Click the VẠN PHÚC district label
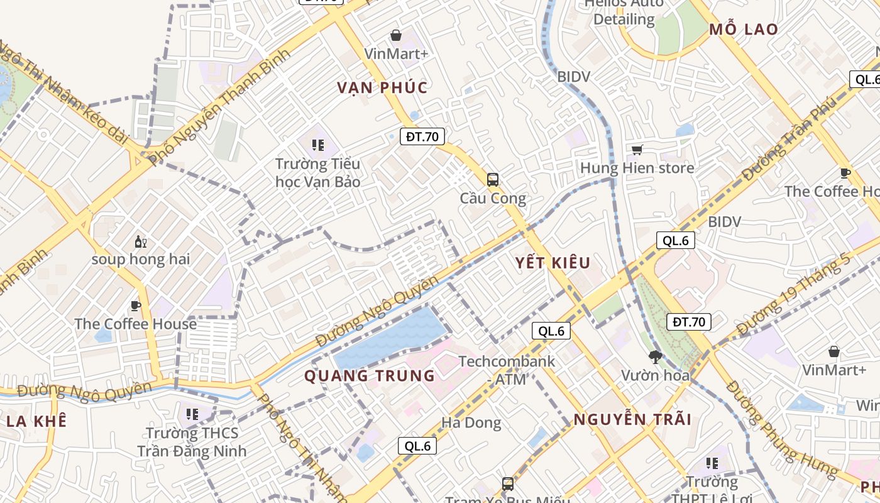click(x=382, y=88)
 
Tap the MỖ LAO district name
click(x=744, y=30)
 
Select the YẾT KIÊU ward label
click(x=553, y=263)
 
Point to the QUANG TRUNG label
click(x=370, y=376)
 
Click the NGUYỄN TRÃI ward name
click(x=632, y=419)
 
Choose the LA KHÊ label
click(x=36, y=421)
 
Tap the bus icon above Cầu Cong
click(x=493, y=180)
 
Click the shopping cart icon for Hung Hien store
click(x=637, y=150)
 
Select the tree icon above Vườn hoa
click(x=655, y=357)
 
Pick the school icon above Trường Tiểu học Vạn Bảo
click(x=318, y=146)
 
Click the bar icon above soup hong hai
click(x=140, y=241)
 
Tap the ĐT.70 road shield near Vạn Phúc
click(x=422, y=136)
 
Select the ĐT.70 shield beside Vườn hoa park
click(x=688, y=322)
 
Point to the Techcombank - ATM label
click(x=507, y=370)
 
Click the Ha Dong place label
click(x=471, y=423)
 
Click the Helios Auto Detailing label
click(x=624, y=11)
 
